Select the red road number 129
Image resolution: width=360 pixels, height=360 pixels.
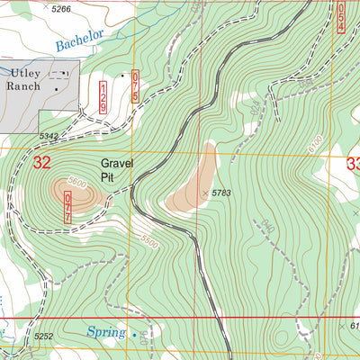click(x=105, y=95)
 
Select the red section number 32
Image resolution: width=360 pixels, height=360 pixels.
click(x=41, y=163)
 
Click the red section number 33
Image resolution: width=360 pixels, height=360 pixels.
click(x=352, y=164)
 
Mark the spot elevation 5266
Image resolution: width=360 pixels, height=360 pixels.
click(x=60, y=8)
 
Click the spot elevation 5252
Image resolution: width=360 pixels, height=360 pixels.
click(x=44, y=337)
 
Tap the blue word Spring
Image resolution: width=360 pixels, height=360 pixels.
click(x=106, y=332)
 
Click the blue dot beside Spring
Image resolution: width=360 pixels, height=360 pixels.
click(x=135, y=336)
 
